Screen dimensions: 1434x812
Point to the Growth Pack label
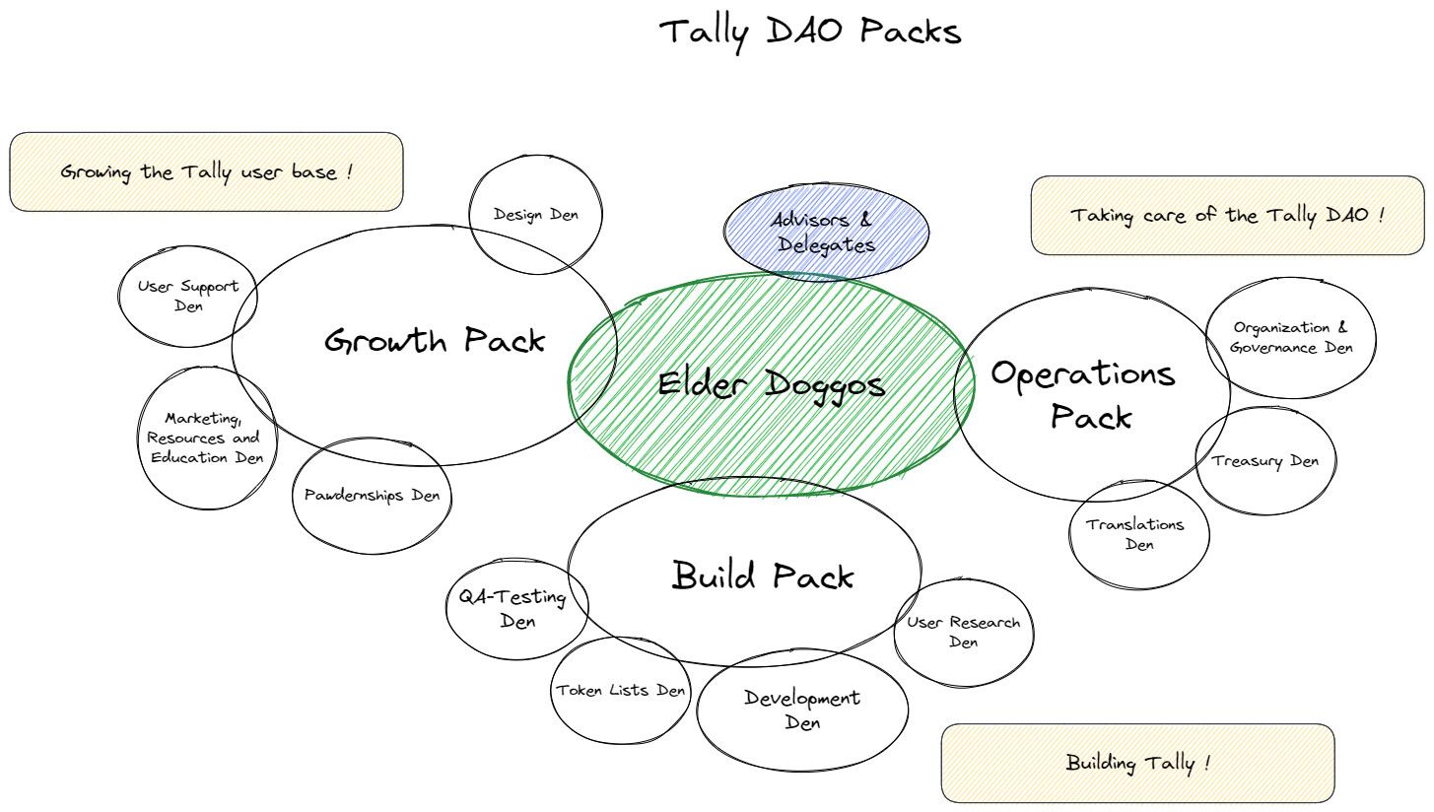click(435, 340)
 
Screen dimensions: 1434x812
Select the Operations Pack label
click(1084, 394)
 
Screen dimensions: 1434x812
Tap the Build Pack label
click(763, 575)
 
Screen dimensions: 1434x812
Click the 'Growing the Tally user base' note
click(206, 172)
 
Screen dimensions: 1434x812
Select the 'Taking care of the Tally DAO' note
click(1227, 216)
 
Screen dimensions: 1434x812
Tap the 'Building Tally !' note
click(1137, 764)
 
